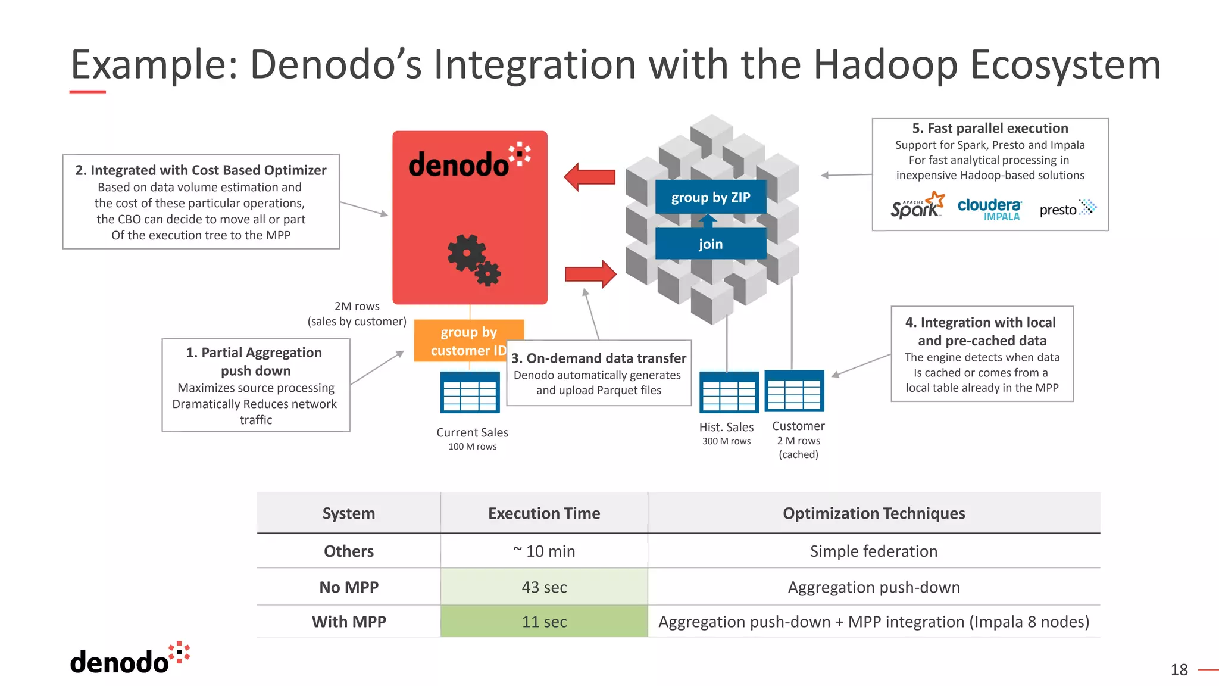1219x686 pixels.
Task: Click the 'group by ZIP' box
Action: click(710, 197)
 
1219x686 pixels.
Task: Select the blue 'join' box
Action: click(710, 244)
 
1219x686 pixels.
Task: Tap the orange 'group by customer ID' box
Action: click(468, 341)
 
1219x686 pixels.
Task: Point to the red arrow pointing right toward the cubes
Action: click(590, 274)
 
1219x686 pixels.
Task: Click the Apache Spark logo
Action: click(917, 206)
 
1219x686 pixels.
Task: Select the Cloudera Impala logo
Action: click(989, 209)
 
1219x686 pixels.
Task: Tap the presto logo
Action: click(1067, 209)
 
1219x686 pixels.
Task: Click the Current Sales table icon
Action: click(470, 392)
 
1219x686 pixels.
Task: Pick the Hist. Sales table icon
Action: click(729, 392)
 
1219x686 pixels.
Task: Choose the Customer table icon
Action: click(794, 391)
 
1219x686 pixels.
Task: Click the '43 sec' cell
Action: click(544, 587)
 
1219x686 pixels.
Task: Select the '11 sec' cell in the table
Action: click(544, 622)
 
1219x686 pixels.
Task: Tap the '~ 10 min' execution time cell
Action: click(544, 551)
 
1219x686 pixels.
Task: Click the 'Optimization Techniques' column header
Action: click(873, 513)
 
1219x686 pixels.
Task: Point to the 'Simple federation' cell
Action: click(873, 551)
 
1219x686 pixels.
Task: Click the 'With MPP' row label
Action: click(349, 622)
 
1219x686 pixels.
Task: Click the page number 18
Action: click(1179, 670)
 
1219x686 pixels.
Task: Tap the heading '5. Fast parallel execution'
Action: click(990, 129)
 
